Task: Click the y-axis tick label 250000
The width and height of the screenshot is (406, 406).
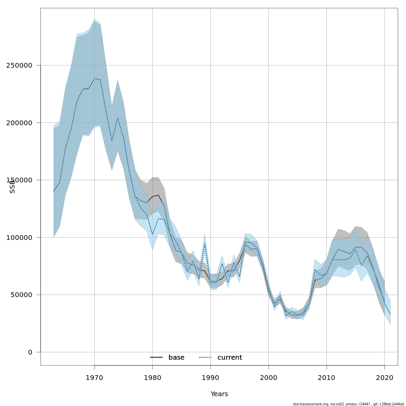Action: tap(19, 65)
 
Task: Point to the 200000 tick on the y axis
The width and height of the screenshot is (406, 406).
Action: tap(19, 123)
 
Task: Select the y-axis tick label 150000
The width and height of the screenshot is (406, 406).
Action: tap(19, 180)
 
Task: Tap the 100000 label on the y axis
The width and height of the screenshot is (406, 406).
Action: tap(19, 238)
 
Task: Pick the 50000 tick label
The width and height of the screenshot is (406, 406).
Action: tap(21, 295)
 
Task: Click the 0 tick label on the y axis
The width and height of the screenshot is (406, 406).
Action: tap(30, 352)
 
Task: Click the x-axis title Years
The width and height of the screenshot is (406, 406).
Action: tap(219, 394)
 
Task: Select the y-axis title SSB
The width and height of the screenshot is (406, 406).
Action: tap(13, 186)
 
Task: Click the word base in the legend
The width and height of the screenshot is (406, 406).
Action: tap(176, 358)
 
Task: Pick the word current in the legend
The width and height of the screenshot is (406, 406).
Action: tap(230, 358)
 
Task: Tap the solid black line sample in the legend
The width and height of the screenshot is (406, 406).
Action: tap(156, 358)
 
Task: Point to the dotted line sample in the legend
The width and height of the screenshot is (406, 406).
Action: tap(205, 358)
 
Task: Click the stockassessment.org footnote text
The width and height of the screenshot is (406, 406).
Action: tap(348, 404)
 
